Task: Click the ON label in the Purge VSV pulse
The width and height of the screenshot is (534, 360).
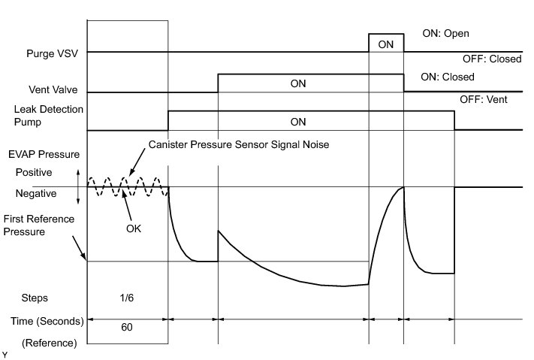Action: [386, 44]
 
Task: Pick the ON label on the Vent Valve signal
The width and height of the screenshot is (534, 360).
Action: [298, 83]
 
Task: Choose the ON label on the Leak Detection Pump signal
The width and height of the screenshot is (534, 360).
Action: [298, 121]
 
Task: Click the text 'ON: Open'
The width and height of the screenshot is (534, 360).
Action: [446, 34]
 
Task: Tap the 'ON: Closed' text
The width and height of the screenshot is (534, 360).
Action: [448, 77]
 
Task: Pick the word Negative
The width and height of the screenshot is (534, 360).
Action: [35, 193]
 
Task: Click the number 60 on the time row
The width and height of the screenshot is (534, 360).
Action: [128, 328]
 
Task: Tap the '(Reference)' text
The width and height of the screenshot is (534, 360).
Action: [50, 343]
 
